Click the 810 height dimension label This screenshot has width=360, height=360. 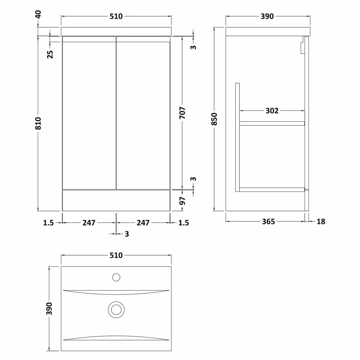point(38,123)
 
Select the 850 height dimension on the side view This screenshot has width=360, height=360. point(214,119)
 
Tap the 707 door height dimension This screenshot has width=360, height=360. point(182,113)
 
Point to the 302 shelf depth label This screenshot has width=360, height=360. point(272,111)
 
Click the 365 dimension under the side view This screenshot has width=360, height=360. point(269,221)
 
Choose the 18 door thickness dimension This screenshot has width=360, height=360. point(321,221)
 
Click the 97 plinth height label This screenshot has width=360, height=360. point(182,201)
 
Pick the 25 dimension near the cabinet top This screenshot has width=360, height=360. point(50,54)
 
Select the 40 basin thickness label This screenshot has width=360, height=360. point(38,14)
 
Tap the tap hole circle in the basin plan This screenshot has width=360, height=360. point(116,277)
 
